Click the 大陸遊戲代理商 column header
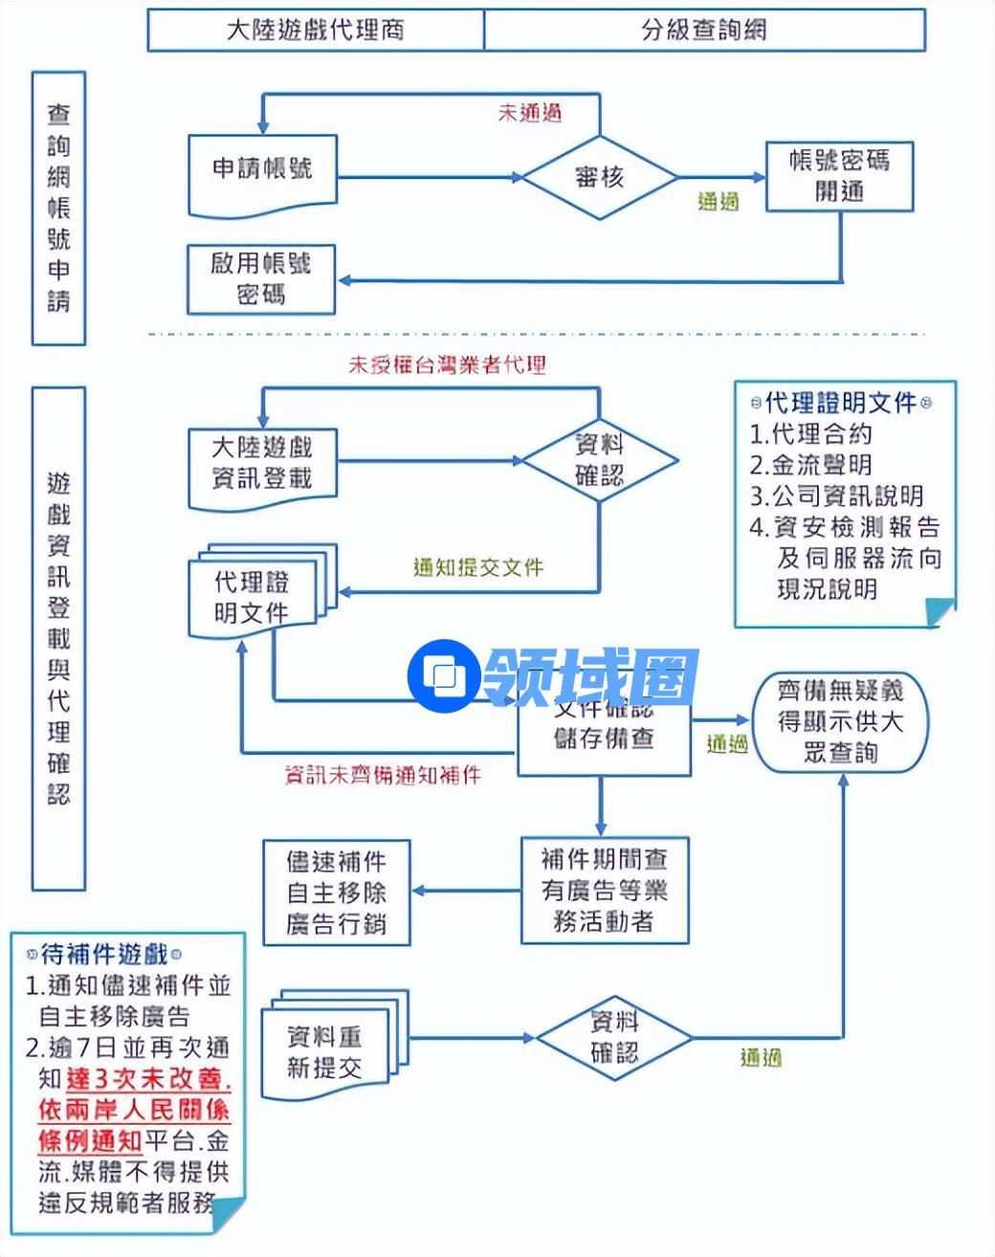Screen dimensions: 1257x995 pos(315,30)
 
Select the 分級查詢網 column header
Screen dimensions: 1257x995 pos(704,30)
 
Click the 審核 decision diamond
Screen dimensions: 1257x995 pos(600,177)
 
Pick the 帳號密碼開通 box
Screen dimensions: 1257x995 pos(839,176)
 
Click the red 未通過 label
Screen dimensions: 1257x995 pos(529,112)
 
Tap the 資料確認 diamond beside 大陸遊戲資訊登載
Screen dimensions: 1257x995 pos(600,460)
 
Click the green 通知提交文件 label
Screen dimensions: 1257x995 pos(477,567)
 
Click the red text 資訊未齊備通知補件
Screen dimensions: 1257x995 pos(383,774)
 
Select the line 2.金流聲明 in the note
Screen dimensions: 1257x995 pos(811,465)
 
